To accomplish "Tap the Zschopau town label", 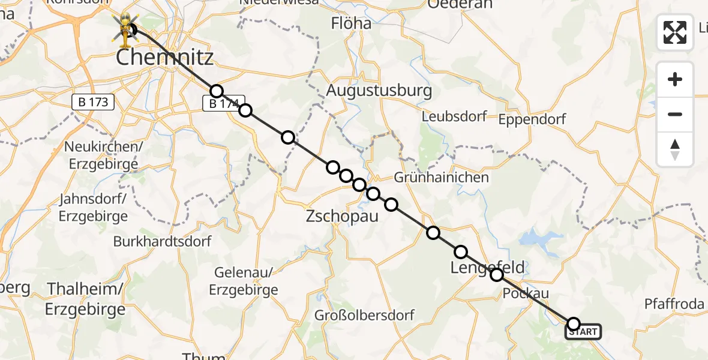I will (x=342, y=216).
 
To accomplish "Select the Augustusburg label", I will (x=379, y=91).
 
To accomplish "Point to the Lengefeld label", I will (x=488, y=267).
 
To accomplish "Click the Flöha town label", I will (x=352, y=24).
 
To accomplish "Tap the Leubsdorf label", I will (x=454, y=116).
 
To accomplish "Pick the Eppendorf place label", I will (x=532, y=119).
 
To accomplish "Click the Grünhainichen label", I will (x=442, y=178).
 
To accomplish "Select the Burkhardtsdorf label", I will (x=162, y=242).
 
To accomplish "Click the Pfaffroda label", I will (x=674, y=304).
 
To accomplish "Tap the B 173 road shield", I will (x=94, y=102).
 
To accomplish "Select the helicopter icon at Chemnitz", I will (x=125, y=29).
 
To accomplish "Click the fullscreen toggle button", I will (x=675, y=32).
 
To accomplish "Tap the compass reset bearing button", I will (x=675, y=149).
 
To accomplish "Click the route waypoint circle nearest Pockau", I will (x=497, y=275).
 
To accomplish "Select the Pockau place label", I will (x=517, y=293).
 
